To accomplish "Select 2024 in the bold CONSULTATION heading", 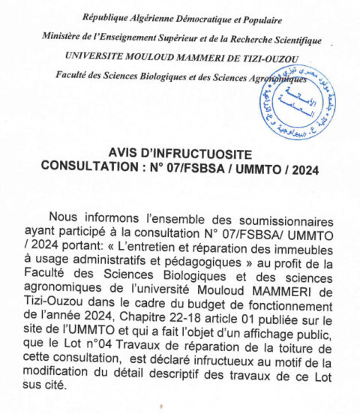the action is (x=302, y=169).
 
